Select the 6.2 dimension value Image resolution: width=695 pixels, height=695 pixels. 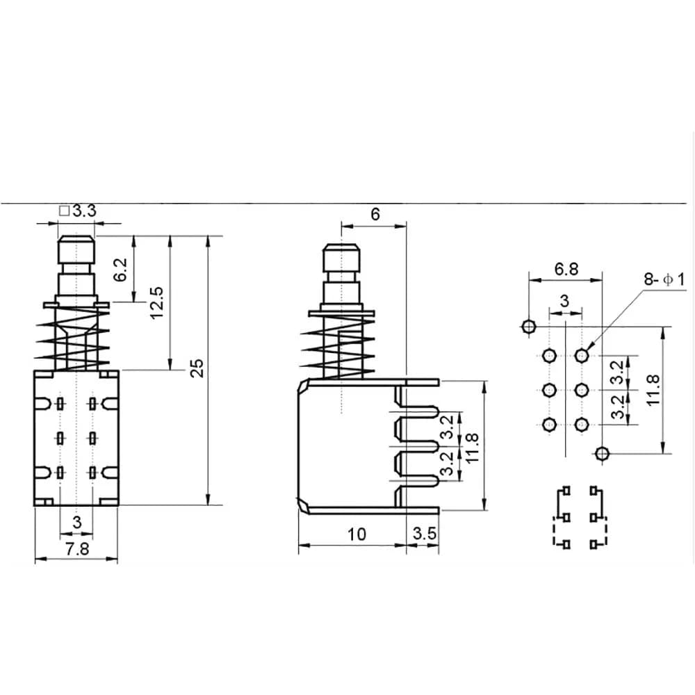pyautogui.click(x=121, y=270)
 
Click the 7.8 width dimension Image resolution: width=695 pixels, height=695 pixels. pyautogui.click(x=77, y=548)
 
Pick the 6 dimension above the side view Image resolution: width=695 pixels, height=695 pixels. pyautogui.click(x=375, y=215)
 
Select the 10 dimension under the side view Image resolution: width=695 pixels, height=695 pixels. pyautogui.click(x=357, y=534)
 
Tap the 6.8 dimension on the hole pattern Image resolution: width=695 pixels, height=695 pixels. pyautogui.click(x=566, y=270)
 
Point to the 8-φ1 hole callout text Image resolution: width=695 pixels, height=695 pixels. pyautogui.click(x=664, y=280)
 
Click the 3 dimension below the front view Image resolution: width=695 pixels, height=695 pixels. pyautogui.click(x=77, y=521)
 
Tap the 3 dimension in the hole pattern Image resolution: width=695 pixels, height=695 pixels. pyautogui.click(x=564, y=301)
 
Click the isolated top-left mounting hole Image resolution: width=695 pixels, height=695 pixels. pyautogui.click(x=528, y=325)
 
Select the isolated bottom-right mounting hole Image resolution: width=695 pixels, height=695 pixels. pyautogui.click(x=602, y=454)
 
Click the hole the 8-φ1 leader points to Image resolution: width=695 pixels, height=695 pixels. pyautogui.click(x=581, y=356)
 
